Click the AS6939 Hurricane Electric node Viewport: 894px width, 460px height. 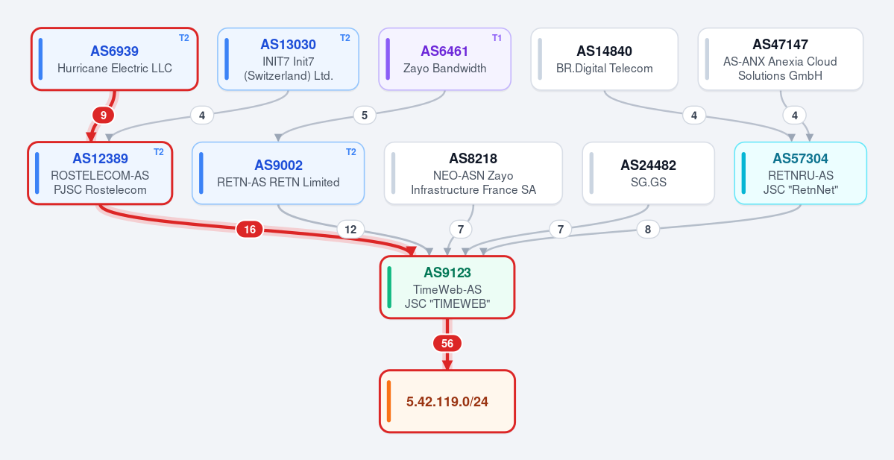click(x=115, y=60)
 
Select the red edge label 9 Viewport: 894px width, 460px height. click(x=103, y=115)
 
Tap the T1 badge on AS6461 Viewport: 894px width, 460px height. click(x=497, y=37)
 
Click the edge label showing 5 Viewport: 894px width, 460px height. click(x=365, y=115)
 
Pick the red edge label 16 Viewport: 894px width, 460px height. click(x=250, y=229)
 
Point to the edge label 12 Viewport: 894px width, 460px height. click(x=350, y=229)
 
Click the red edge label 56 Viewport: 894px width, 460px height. click(x=447, y=343)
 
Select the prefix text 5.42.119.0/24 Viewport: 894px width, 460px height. click(x=447, y=402)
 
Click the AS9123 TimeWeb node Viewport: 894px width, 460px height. click(x=447, y=287)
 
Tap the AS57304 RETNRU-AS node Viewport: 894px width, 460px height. click(x=801, y=173)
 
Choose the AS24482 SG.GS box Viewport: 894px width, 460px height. click(x=648, y=173)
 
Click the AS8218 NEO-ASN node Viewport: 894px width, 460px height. click(x=473, y=173)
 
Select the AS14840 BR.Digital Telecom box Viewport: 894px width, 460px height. click(x=605, y=60)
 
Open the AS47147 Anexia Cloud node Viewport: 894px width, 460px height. click(x=781, y=60)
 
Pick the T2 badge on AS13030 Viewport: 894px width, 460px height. click(x=345, y=37)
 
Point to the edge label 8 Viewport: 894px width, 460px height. click(x=648, y=229)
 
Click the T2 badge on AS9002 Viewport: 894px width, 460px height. click(x=350, y=151)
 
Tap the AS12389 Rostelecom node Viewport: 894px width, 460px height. click(x=100, y=173)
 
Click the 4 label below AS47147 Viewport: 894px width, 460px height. click(x=795, y=115)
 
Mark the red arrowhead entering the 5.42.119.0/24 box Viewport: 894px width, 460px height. click(x=447, y=365)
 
